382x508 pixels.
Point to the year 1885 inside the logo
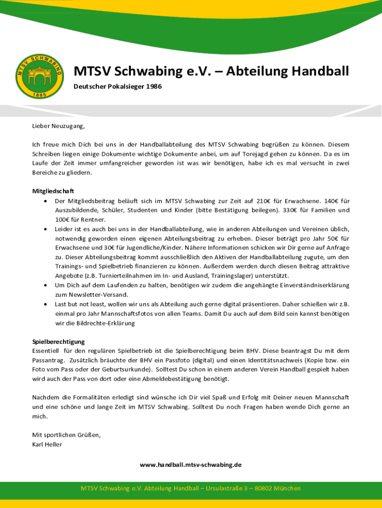click(40, 93)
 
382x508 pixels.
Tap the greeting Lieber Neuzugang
click(59, 126)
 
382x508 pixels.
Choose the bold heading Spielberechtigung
click(59, 342)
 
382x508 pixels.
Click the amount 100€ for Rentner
click(63, 220)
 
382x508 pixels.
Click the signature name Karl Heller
click(47, 444)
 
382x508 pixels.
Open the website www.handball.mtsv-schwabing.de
click(191, 465)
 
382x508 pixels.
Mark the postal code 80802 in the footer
click(263, 489)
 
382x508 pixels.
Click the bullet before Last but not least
click(45, 304)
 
